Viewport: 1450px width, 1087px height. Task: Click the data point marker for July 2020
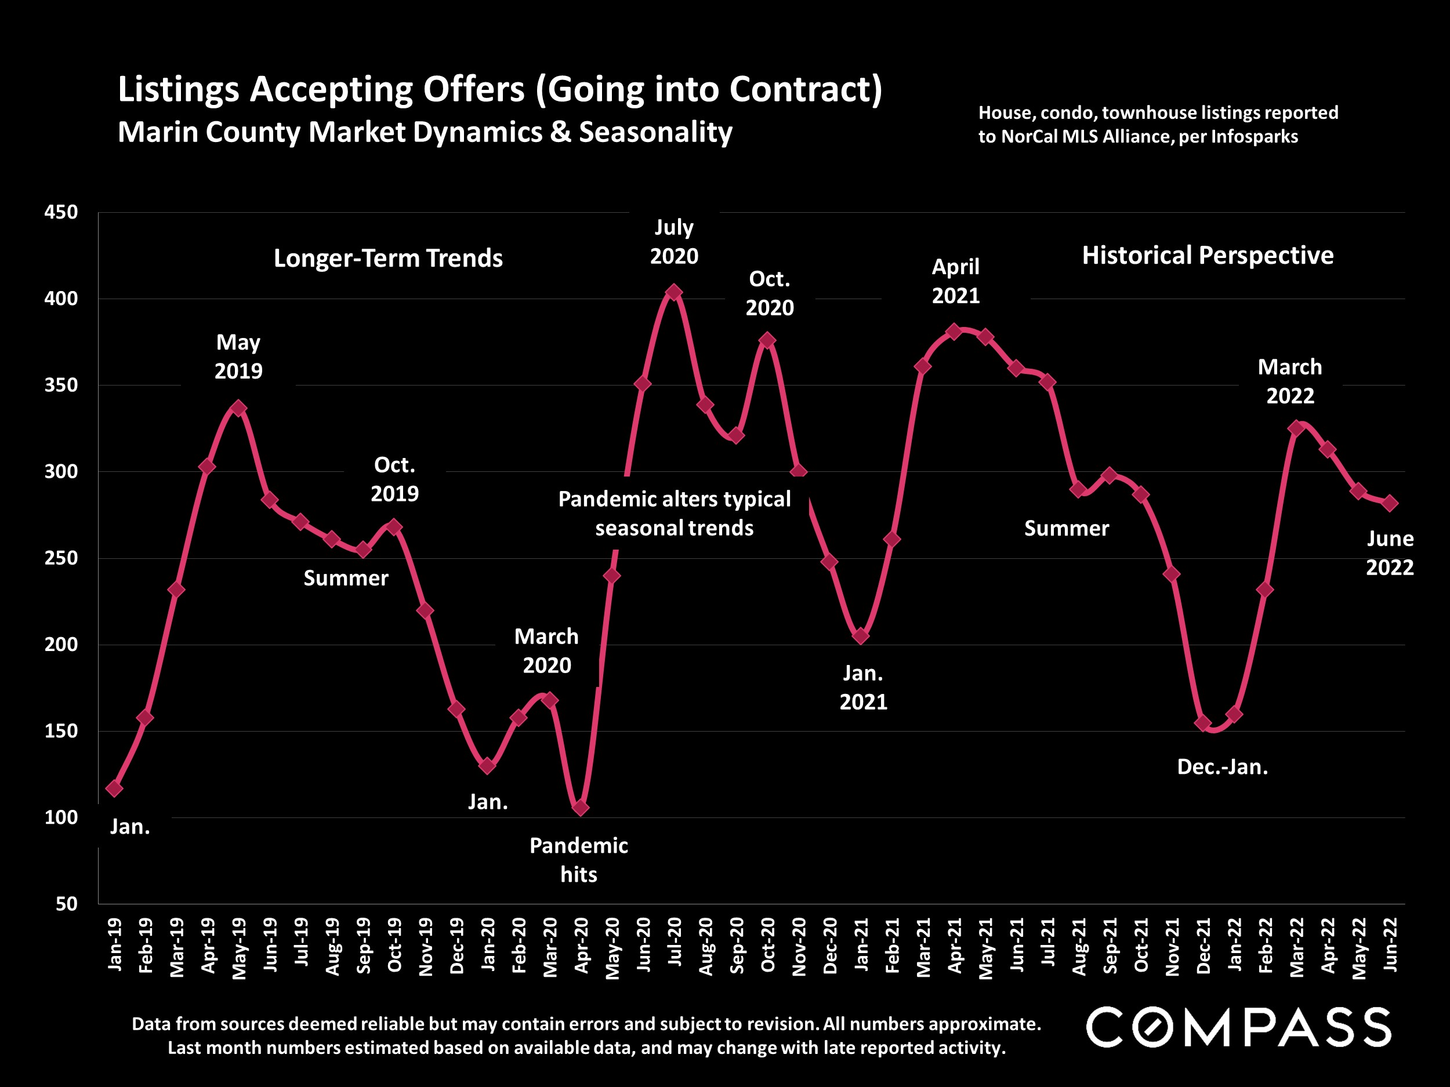coord(673,292)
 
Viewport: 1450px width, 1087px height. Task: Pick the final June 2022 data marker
coord(1389,503)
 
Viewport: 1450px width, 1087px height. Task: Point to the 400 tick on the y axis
coord(61,299)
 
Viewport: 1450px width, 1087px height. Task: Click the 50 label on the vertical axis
coord(66,904)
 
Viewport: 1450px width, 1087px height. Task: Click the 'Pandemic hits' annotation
coord(578,860)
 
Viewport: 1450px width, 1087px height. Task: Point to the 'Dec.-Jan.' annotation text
coord(1223,767)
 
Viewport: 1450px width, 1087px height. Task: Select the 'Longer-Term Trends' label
coord(388,258)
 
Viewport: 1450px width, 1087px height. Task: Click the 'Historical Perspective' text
coord(1208,256)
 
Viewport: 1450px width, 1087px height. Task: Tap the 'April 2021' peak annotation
coord(956,281)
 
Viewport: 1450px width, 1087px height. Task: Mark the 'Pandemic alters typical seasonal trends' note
coord(675,514)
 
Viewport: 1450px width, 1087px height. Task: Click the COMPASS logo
coord(1238,1027)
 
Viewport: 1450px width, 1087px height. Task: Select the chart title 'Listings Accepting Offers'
coord(499,89)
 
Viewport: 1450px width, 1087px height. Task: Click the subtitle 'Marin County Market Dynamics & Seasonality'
coord(425,132)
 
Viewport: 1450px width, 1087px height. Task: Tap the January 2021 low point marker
coord(861,635)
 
